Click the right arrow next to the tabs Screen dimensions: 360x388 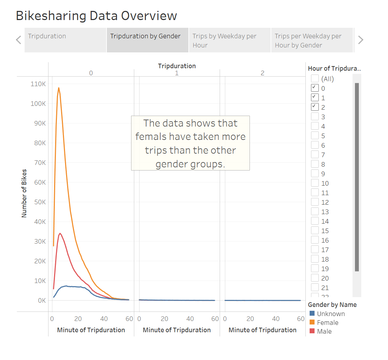coord(360,40)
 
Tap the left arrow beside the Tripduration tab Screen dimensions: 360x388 coord(19,40)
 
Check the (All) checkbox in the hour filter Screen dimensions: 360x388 coord(315,79)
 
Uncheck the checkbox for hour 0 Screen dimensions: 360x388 coord(315,88)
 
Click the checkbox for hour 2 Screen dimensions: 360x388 coord(315,107)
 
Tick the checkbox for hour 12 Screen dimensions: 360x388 coord(315,202)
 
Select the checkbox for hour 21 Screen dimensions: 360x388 coord(315,288)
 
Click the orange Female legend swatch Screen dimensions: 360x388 coord(312,322)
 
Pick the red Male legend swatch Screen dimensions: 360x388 coord(312,331)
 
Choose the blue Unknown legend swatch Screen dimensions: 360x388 coord(312,314)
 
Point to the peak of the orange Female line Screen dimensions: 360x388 coord(59,88)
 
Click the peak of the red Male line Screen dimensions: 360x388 coord(60,233)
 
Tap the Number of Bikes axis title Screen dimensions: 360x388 coord(24,193)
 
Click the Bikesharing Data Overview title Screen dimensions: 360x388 coord(96,16)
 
